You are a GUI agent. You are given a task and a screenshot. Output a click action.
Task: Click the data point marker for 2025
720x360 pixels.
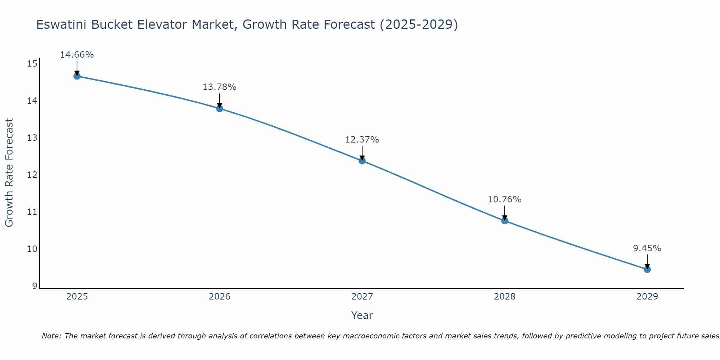point(77,76)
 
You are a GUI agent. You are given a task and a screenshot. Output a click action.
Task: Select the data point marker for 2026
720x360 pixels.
point(220,108)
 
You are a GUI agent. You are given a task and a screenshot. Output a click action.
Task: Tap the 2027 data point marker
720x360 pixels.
point(362,161)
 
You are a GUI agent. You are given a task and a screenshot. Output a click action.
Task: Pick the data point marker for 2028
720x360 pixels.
point(505,221)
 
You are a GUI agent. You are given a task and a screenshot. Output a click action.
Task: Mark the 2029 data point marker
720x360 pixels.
point(647,269)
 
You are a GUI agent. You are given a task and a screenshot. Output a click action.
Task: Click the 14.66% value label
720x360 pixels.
point(77,55)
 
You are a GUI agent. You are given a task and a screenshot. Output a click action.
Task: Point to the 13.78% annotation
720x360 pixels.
point(219,87)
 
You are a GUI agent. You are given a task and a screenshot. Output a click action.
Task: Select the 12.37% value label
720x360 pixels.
point(362,140)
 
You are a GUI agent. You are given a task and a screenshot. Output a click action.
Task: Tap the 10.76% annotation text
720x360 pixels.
point(504,199)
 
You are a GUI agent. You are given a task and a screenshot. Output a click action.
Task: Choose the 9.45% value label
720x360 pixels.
point(647,248)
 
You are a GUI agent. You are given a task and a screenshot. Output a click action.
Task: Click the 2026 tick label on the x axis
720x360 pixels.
point(220,297)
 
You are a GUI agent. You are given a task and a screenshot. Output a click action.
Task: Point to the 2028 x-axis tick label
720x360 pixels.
point(505,297)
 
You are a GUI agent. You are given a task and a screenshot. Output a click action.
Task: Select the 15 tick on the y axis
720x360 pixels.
point(32,64)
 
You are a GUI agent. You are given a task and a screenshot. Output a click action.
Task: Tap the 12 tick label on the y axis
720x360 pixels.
point(32,175)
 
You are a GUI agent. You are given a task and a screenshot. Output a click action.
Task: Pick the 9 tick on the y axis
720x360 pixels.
point(34,286)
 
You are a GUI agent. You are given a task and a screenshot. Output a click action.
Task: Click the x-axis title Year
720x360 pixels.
point(362,315)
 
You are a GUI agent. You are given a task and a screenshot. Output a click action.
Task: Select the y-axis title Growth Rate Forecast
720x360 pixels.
point(9,172)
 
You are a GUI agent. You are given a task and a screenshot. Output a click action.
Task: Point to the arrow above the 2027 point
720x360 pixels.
point(362,153)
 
